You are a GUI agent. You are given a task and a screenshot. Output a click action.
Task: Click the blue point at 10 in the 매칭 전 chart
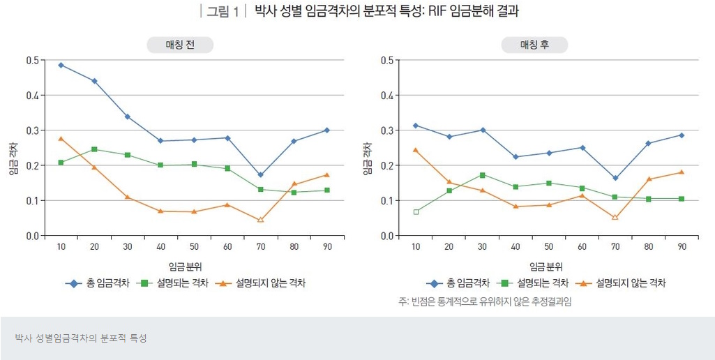pyautogui.click(x=61, y=65)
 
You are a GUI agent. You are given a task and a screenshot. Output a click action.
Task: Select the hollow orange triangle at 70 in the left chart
pyautogui.click(x=261, y=220)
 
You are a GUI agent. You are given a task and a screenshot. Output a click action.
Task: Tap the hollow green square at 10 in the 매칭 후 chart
pyautogui.click(x=416, y=211)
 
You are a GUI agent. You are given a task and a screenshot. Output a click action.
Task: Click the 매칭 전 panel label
pyautogui.click(x=180, y=45)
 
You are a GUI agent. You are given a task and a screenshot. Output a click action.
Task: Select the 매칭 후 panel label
pyautogui.click(x=534, y=45)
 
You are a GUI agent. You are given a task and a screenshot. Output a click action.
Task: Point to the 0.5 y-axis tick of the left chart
pyautogui.click(x=33, y=60)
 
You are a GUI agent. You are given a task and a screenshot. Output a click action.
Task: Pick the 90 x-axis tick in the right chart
pyautogui.click(x=681, y=247)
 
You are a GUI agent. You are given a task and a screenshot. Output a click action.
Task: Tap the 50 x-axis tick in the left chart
pyautogui.click(x=194, y=247)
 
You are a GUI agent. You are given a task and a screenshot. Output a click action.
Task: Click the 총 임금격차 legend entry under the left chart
pyautogui.click(x=98, y=283)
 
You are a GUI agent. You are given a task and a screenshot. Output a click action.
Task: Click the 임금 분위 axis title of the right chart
pyautogui.click(x=546, y=267)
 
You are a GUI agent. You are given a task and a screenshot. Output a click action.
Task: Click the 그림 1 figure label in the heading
pyautogui.click(x=222, y=11)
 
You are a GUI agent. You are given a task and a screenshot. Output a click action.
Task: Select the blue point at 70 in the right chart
pyautogui.click(x=615, y=178)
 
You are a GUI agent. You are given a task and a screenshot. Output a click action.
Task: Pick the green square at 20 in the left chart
pyautogui.click(x=94, y=149)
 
